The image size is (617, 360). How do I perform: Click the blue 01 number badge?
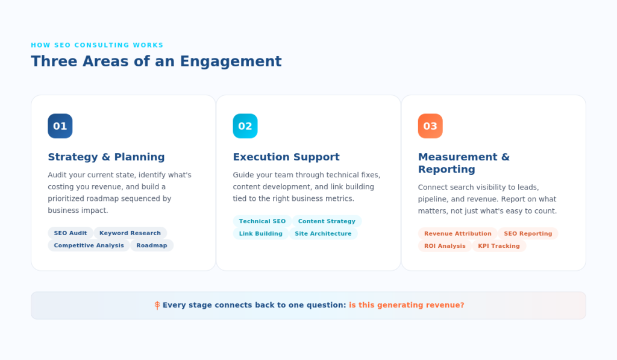pyautogui.click(x=60, y=126)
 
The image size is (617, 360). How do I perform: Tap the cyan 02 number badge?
pyautogui.click(x=245, y=126)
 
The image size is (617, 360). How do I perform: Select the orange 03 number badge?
pyautogui.click(x=430, y=126)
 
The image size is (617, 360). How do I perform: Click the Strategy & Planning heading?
pyautogui.click(x=106, y=157)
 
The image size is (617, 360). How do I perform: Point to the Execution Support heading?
pyautogui.click(x=286, y=157)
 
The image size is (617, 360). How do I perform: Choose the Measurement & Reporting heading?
pyautogui.click(x=463, y=163)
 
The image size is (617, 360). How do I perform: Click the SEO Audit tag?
pyautogui.click(x=70, y=233)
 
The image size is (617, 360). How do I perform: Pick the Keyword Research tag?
pyautogui.click(x=130, y=233)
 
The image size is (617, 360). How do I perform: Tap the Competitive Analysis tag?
pyautogui.click(x=89, y=245)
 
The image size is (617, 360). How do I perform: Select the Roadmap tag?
pyautogui.click(x=152, y=245)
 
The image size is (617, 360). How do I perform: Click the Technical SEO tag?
pyautogui.click(x=262, y=221)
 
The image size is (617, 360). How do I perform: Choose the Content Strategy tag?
pyautogui.click(x=327, y=221)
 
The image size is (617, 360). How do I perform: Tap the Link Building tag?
pyautogui.click(x=260, y=233)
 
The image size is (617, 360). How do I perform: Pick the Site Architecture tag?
pyautogui.click(x=323, y=233)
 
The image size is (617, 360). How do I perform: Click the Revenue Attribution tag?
pyautogui.click(x=457, y=233)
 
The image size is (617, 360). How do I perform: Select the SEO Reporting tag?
pyautogui.click(x=528, y=233)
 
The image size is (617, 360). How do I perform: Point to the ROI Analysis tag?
pyautogui.click(x=445, y=246)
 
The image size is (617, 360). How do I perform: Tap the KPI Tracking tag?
pyautogui.click(x=499, y=246)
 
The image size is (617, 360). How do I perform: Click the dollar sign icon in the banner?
pyautogui.click(x=157, y=305)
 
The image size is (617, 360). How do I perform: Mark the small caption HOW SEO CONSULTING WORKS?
pyautogui.click(x=97, y=45)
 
